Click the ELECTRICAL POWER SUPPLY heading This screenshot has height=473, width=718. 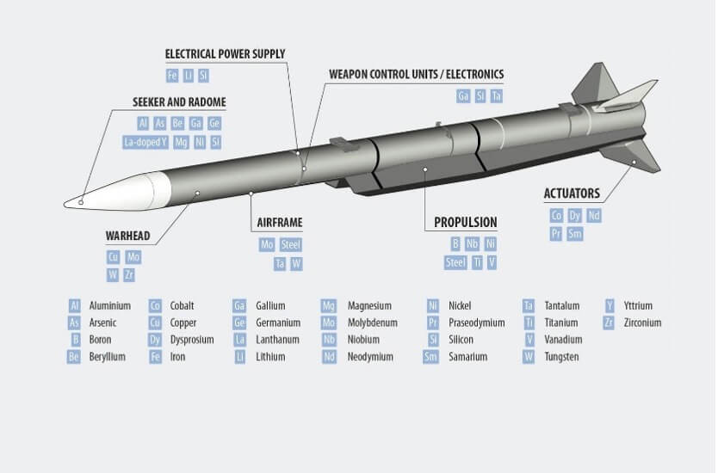tap(225, 54)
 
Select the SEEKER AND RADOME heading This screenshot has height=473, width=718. tap(179, 101)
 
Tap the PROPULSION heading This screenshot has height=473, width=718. tap(465, 222)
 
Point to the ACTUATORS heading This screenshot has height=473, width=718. tap(572, 193)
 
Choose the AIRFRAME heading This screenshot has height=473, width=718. tap(280, 223)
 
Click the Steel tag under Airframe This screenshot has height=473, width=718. tap(291, 245)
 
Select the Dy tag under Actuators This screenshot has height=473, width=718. tap(575, 216)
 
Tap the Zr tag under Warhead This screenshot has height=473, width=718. tap(130, 275)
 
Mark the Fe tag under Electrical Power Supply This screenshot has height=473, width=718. tap(173, 76)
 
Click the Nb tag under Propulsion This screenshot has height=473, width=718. tap(473, 244)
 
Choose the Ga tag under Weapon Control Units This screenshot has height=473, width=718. tap(463, 96)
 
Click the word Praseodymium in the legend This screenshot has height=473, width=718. tap(476, 322)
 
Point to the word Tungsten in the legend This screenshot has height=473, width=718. tap(561, 357)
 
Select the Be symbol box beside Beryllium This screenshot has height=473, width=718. tap(74, 357)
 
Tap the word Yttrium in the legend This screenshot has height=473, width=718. tap(638, 305)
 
